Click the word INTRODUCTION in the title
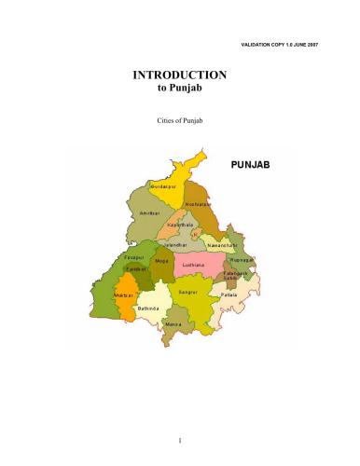180,75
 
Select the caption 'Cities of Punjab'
180,122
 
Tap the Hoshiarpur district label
198,203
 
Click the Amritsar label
149,213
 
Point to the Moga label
162,261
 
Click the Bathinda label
149,308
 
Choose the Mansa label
173,323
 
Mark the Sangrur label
187,292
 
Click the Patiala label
229,295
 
